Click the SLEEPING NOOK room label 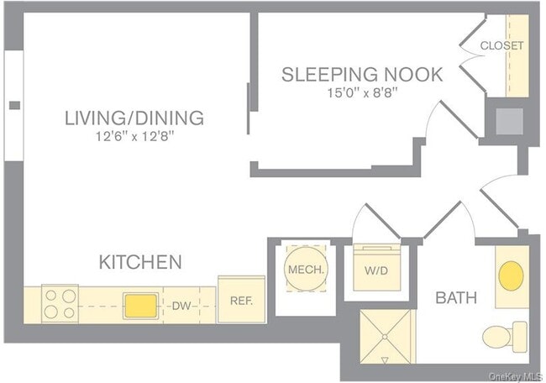[x=361, y=74]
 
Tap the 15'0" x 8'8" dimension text [x=361, y=92]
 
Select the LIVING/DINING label [x=134, y=118]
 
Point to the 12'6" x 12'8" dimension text [x=134, y=136]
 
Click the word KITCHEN [x=140, y=262]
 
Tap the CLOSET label [x=501, y=45]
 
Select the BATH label [x=456, y=297]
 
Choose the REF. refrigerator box [x=241, y=300]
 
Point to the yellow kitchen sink [x=139, y=305]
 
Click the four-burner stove [x=59, y=304]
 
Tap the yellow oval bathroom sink [x=510, y=275]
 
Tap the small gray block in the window [x=14, y=105]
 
